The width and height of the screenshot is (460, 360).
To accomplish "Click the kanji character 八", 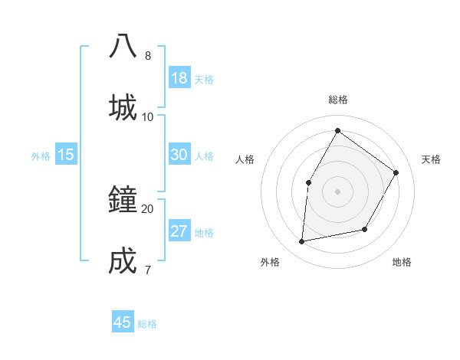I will coord(123,47).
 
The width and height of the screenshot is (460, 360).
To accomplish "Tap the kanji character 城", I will coord(123,107).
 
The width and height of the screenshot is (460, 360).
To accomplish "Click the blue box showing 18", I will coord(179,78).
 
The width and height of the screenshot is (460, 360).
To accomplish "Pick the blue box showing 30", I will coord(179,155).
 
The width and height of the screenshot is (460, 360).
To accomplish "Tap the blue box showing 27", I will coord(179,231).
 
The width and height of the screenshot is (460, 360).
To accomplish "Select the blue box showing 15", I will coord(66,155).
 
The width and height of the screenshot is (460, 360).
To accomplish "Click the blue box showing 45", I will coord(123,322).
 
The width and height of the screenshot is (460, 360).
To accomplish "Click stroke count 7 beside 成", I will coord(147,270).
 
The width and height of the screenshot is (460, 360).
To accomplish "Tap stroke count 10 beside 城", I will coord(147,116).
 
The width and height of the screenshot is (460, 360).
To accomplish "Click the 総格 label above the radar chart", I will coord(338,100).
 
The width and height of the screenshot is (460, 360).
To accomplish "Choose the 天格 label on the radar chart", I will coord(432,159).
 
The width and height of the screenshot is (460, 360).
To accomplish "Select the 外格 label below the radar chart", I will coord(270,262).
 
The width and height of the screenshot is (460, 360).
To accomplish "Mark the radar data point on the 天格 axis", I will coord(396,172).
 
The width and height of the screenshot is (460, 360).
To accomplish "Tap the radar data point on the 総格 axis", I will coord(337,131).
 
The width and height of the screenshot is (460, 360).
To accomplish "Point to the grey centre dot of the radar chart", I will coord(337,191).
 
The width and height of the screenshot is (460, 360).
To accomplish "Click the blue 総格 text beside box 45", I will coord(147,324).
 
